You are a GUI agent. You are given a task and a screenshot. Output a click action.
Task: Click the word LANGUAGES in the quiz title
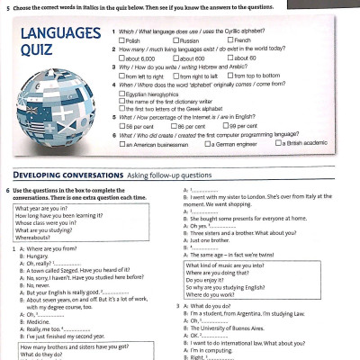pos(59,33)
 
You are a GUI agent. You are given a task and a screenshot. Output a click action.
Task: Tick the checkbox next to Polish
pos(121,41)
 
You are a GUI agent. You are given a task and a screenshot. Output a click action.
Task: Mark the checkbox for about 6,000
pos(121,58)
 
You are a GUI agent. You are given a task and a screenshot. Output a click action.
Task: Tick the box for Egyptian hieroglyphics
pos(121,94)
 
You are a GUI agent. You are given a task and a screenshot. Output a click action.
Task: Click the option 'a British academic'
pos(279,144)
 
